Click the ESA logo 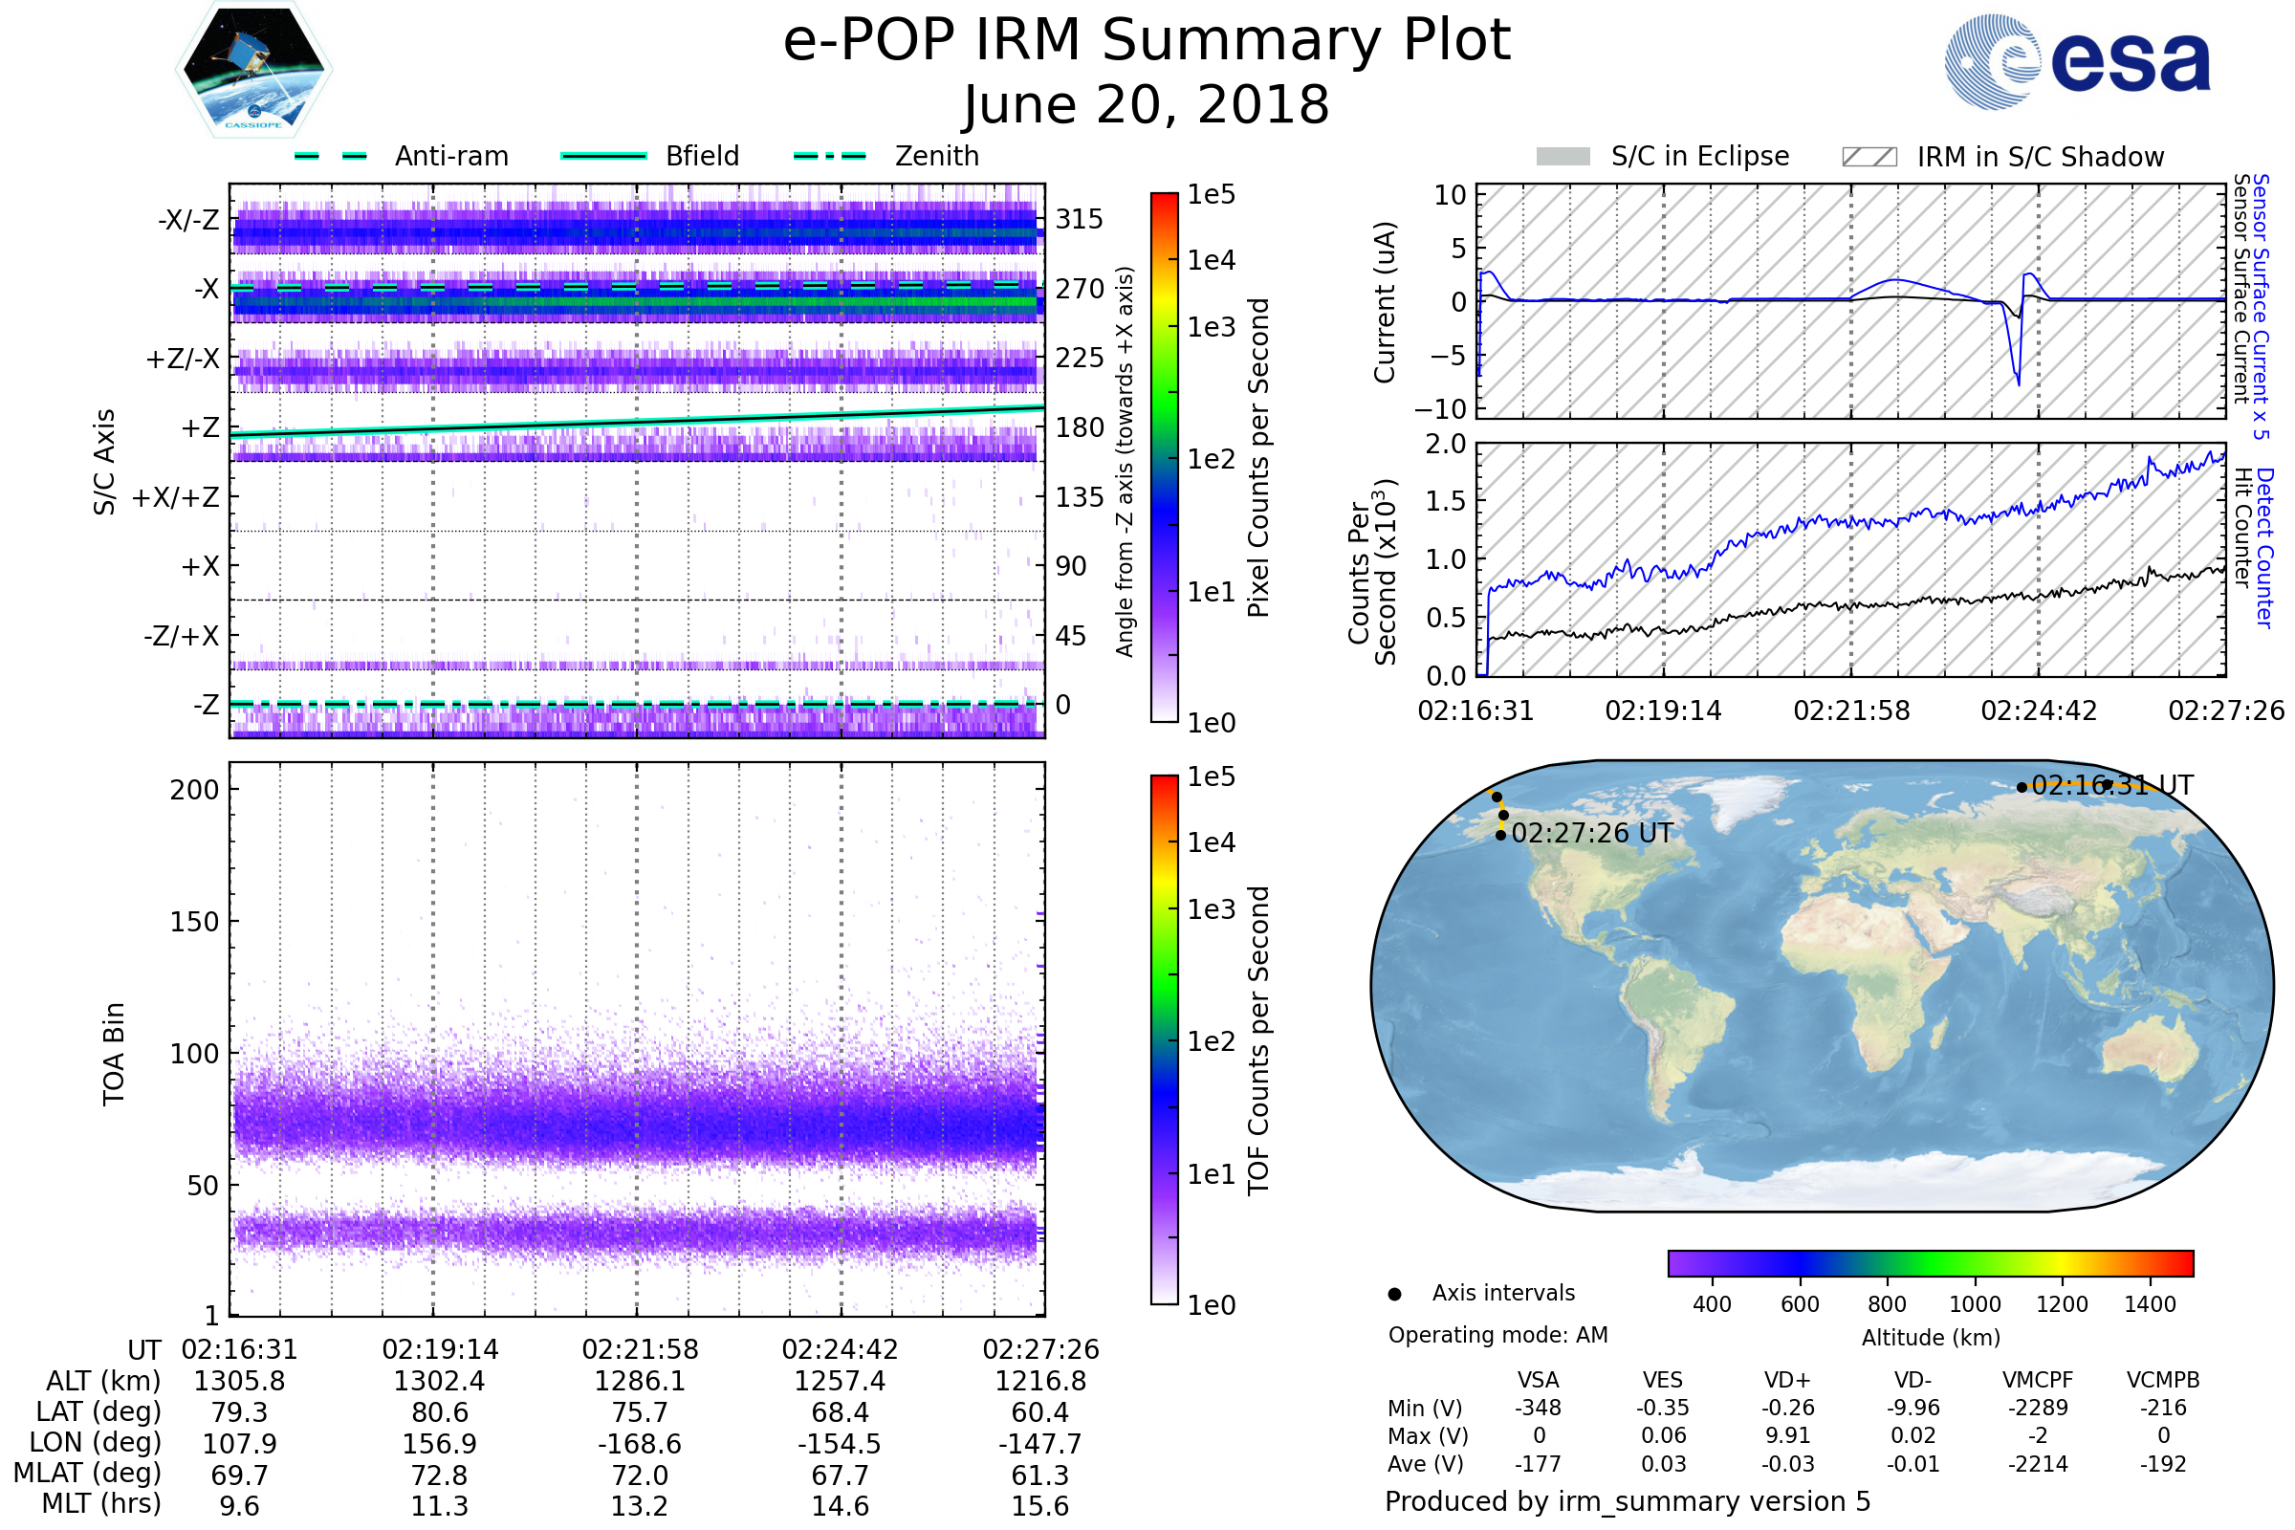tap(2077, 60)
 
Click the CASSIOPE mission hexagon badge tap(253, 69)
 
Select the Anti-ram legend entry tap(401, 156)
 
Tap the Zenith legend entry tap(886, 156)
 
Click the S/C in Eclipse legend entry tap(1662, 156)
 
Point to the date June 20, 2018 tap(1147, 104)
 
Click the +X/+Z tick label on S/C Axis tap(176, 497)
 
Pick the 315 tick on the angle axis tap(1080, 219)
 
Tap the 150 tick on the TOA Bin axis tap(194, 922)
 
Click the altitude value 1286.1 tap(640, 1381)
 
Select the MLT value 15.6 tap(1040, 1505)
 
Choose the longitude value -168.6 tap(640, 1443)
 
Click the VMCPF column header tap(2038, 1380)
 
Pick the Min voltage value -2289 tap(2038, 1408)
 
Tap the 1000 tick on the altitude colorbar tap(1975, 1304)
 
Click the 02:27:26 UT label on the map tap(1591, 833)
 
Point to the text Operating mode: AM tap(1497, 1335)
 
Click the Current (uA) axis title tap(1385, 302)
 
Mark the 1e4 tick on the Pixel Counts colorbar tap(1211, 260)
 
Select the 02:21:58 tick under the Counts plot tap(1851, 710)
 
